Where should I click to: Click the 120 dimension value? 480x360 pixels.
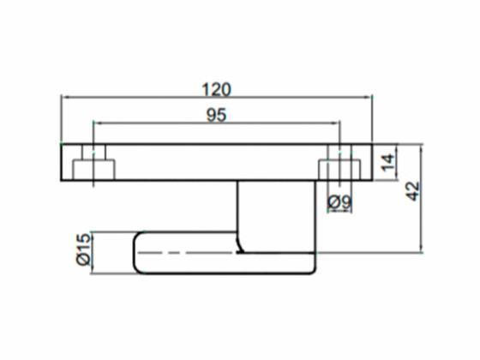[216, 89]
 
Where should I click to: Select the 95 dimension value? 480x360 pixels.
[216, 116]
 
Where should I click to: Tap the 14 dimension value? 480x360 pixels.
[387, 163]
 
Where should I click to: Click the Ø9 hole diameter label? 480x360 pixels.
[340, 202]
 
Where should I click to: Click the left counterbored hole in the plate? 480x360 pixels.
[93, 163]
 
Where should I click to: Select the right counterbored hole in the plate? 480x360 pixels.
[339, 163]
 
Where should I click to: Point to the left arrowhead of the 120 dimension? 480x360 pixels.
[64, 98]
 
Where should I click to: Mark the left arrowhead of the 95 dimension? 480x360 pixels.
[96, 123]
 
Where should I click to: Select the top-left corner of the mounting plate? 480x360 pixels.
[61, 144]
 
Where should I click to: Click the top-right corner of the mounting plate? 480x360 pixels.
[372, 144]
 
